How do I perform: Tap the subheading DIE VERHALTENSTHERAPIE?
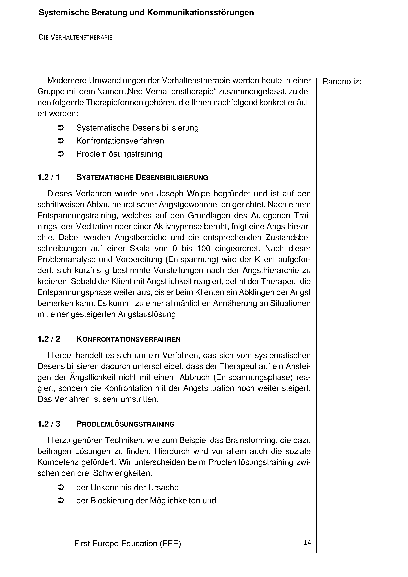click(75, 37)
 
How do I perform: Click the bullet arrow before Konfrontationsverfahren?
click(61, 141)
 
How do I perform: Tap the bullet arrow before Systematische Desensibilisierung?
click(61, 128)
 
